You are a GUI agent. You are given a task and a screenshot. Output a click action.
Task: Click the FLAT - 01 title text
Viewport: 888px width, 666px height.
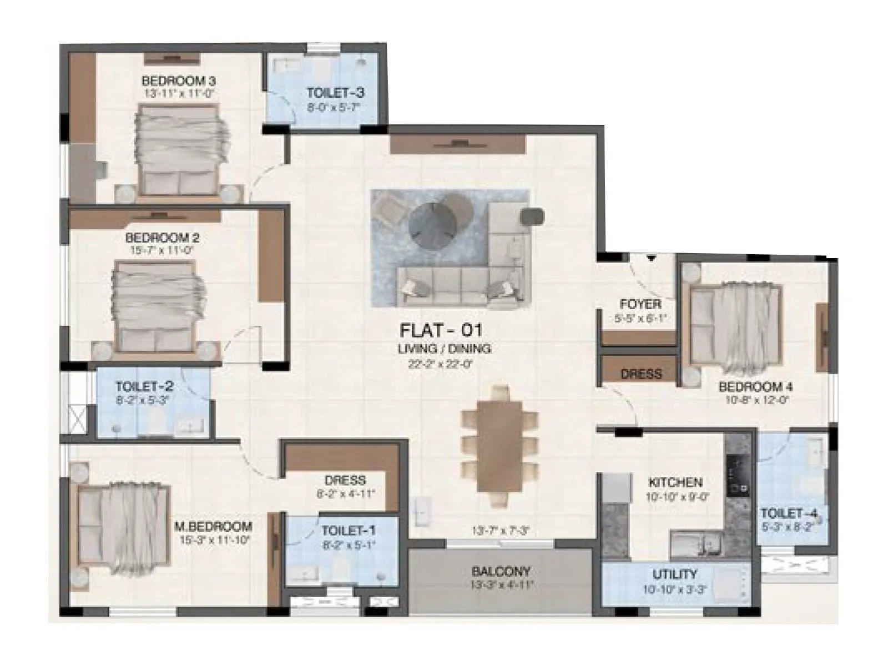pos(441,331)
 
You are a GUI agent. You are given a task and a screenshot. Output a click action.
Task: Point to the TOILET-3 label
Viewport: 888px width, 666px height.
pos(335,93)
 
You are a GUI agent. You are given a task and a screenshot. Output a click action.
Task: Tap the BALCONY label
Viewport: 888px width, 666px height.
pos(501,571)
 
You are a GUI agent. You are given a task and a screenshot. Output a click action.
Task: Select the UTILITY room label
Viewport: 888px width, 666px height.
pos(674,574)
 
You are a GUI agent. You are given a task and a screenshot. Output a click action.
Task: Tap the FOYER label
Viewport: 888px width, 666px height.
pos(640,304)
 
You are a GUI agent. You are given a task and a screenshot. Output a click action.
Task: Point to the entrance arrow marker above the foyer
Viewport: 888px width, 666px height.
pos(651,258)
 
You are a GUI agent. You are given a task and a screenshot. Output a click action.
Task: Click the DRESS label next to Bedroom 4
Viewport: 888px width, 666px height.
pos(640,374)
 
